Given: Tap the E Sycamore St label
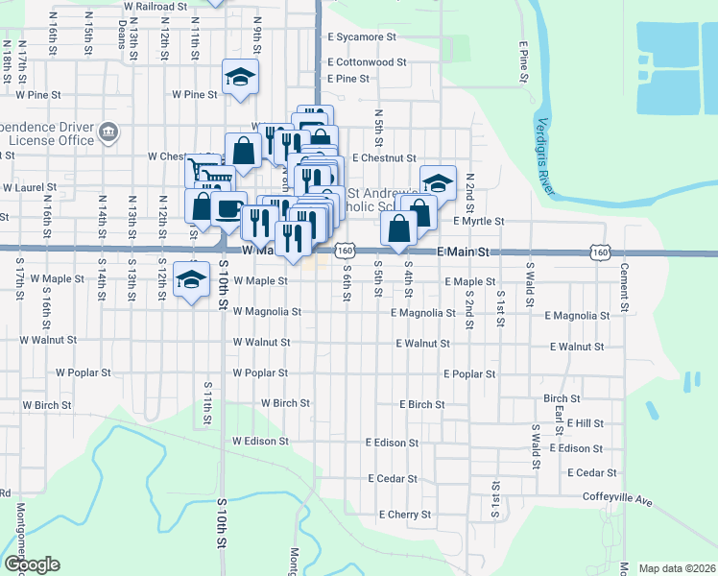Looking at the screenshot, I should pyautogui.click(x=361, y=37).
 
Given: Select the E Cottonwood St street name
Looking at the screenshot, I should pyautogui.click(x=367, y=61).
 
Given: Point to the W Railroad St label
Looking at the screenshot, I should pyautogui.click(x=155, y=6).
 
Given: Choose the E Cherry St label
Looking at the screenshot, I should pyautogui.click(x=404, y=515).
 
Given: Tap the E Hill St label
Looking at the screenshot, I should pyautogui.click(x=585, y=422).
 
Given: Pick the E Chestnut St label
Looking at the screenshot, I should pyautogui.click(x=383, y=157).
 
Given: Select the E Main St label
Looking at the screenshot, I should pyautogui.click(x=463, y=252).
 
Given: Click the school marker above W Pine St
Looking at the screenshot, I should pyautogui.click(x=240, y=77).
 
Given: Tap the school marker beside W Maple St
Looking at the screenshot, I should pyautogui.click(x=192, y=279).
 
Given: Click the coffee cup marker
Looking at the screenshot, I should pyautogui.click(x=229, y=209).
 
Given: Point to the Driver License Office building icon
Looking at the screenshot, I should pyautogui.click(x=108, y=131).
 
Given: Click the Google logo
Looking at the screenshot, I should pyautogui.click(x=31, y=564).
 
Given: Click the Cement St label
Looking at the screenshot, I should pyautogui.click(x=624, y=280).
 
